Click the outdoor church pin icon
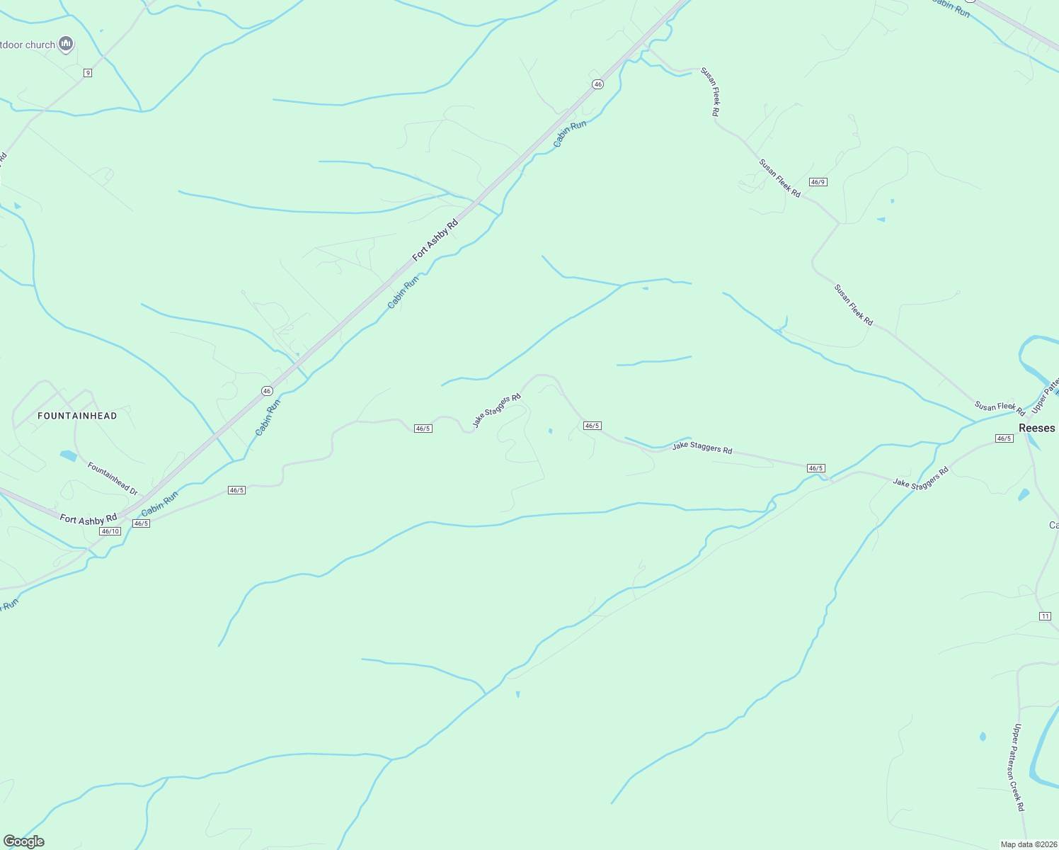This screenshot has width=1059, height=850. [66, 44]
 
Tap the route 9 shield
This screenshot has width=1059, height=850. [87, 73]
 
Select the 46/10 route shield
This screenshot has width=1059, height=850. [110, 531]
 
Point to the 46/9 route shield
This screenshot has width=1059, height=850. [818, 182]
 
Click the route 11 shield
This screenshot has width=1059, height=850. [1045, 616]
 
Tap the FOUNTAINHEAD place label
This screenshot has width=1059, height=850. [77, 416]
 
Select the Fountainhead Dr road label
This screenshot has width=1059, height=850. [112, 478]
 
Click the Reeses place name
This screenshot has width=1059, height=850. [1037, 428]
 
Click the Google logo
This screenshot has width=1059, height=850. [23, 841]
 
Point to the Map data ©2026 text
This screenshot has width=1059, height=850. [1028, 844]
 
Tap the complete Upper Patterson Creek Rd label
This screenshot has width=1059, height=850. [1018, 767]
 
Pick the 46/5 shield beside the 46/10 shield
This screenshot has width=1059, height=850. [141, 523]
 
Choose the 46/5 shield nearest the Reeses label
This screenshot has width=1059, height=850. [1003, 438]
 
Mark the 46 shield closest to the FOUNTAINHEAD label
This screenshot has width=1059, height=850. [267, 391]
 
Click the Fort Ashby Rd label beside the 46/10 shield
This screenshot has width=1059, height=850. [88, 519]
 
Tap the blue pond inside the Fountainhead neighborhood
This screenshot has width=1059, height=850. [68, 455]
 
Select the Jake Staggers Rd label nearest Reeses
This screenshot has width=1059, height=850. [920, 478]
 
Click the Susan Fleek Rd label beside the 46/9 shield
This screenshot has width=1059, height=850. [779, 178]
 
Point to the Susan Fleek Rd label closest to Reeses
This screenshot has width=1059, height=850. [1000, 407]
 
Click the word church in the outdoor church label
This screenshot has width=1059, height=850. [41, 45]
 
